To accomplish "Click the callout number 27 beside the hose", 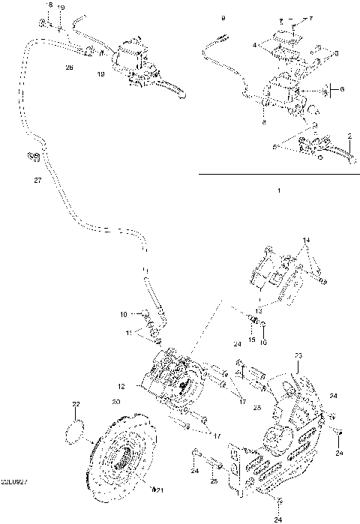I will click(37, 181).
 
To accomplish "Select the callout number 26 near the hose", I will click(70, 68).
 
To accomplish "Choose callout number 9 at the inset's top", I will click(223, 16).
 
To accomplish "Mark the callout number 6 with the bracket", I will click(341, 90).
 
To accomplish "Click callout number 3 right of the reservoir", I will click(336, 53).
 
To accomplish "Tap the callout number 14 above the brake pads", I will click(305, 240).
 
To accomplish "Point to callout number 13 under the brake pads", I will click(258, 309).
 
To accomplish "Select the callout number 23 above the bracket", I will click(297, 355).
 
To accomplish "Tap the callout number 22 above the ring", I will click(75, 405).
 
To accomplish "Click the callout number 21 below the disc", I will click(158, 490).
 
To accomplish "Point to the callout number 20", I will click(115, 402).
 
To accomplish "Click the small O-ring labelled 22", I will click(76, 432).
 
